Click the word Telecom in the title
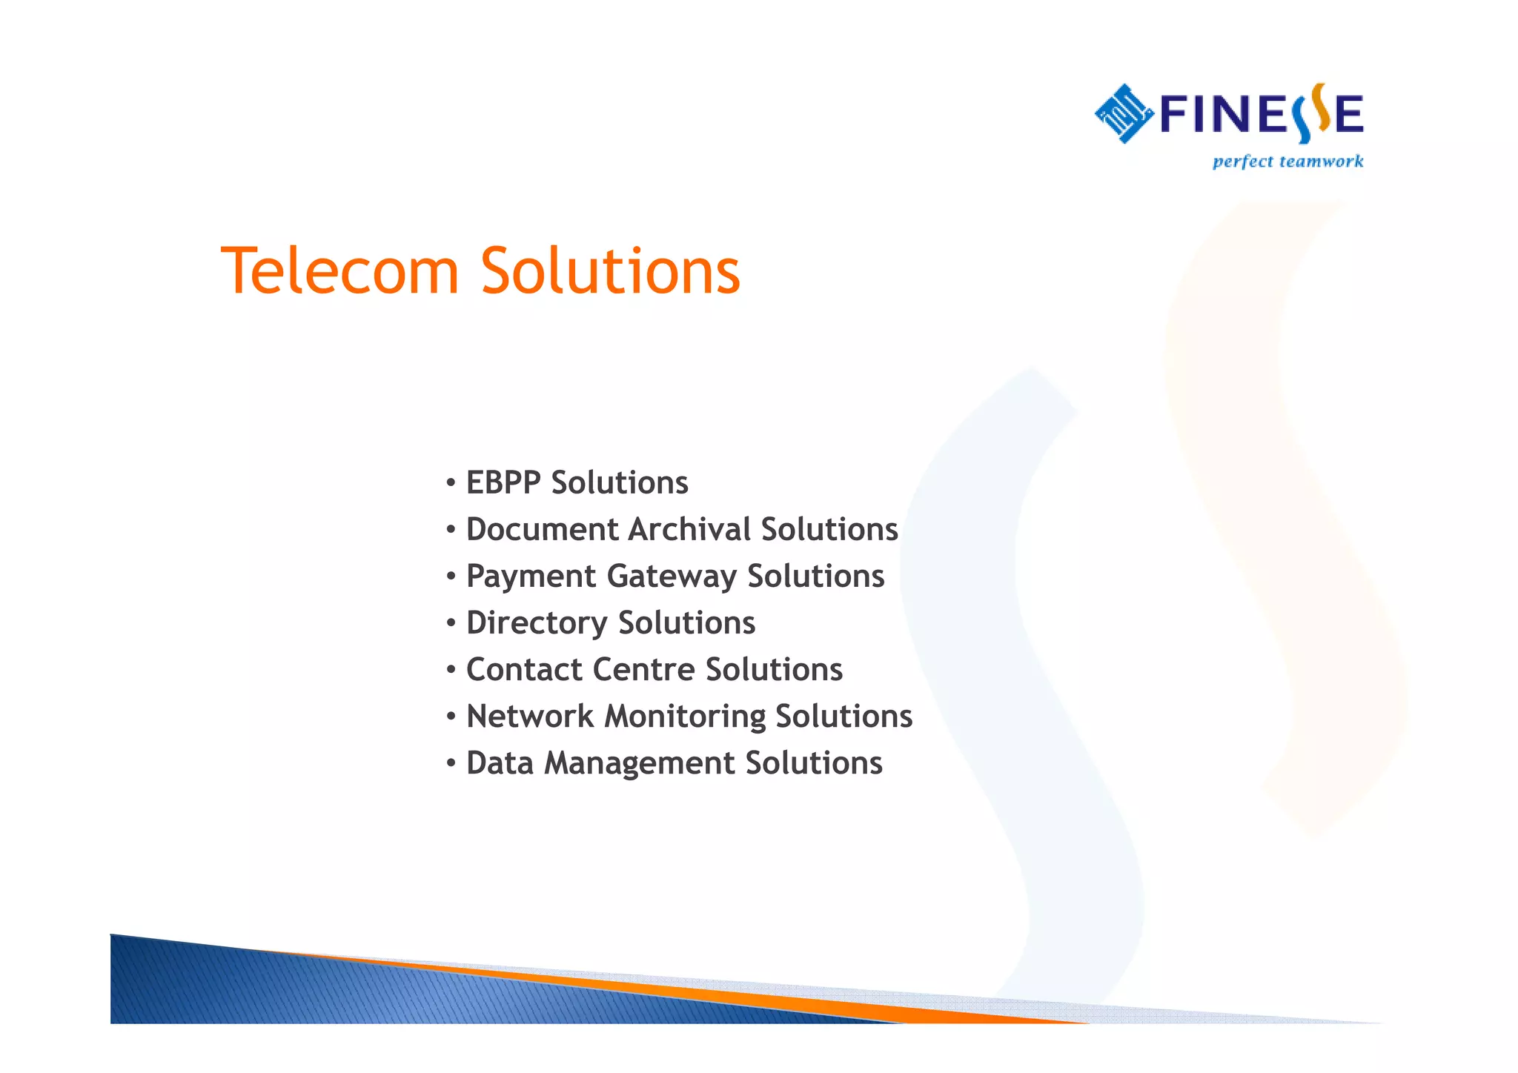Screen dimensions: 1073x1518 point(340,271)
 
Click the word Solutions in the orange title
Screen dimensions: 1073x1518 point(610,271)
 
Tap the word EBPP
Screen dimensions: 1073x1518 point(503,483)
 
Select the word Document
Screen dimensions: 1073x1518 point(542,530)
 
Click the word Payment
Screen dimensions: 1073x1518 point(531,577)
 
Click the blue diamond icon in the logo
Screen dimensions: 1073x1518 point(1124,113)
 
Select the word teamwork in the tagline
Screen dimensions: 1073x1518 point(1321,162)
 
